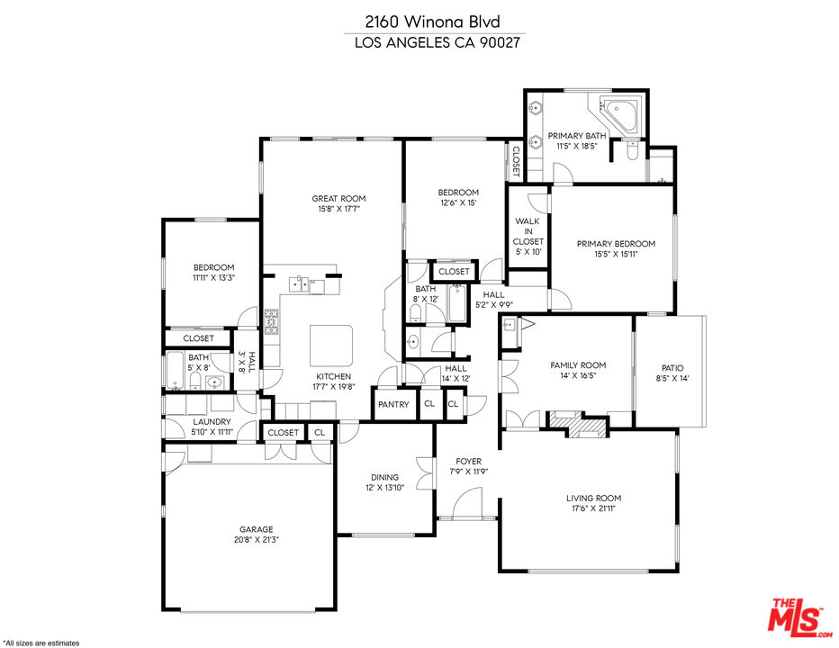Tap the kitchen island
point(332,346)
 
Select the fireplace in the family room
point(577,424)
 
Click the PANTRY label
point(393,404)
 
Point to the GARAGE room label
point(257,529)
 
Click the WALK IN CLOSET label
point(528,231)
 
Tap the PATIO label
point(672,368)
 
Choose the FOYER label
point(469,462)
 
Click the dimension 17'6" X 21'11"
point(594,508)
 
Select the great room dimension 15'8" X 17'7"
point(338,209)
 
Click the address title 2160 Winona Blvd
point(433,22)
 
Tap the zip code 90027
point(500,43)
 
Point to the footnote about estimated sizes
point(41,643)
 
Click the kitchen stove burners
point(271,322)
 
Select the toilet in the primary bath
point(632,149)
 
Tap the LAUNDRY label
point(212,422)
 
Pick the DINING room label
point(384,477)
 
